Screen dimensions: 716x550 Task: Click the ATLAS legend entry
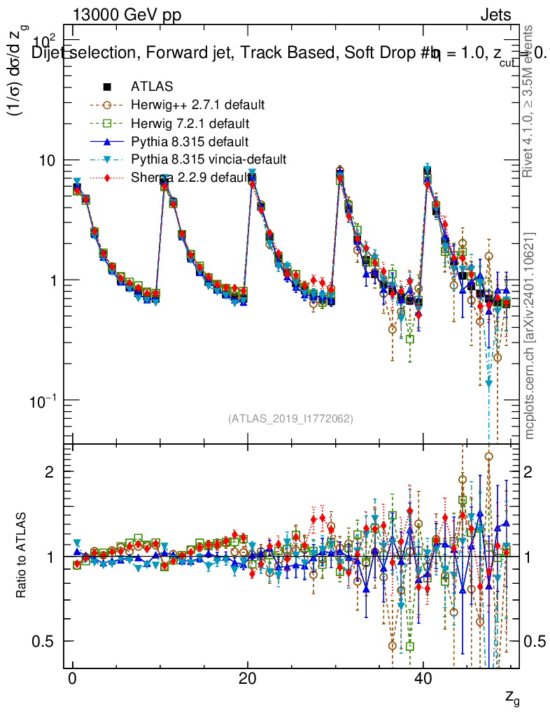[152, 87]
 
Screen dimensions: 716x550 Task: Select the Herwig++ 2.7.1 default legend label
[197, 105]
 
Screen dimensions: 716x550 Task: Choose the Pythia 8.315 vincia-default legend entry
[209, 159]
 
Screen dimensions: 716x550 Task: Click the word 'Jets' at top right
[495, 15]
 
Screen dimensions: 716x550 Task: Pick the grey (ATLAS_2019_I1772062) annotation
[290, 419]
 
